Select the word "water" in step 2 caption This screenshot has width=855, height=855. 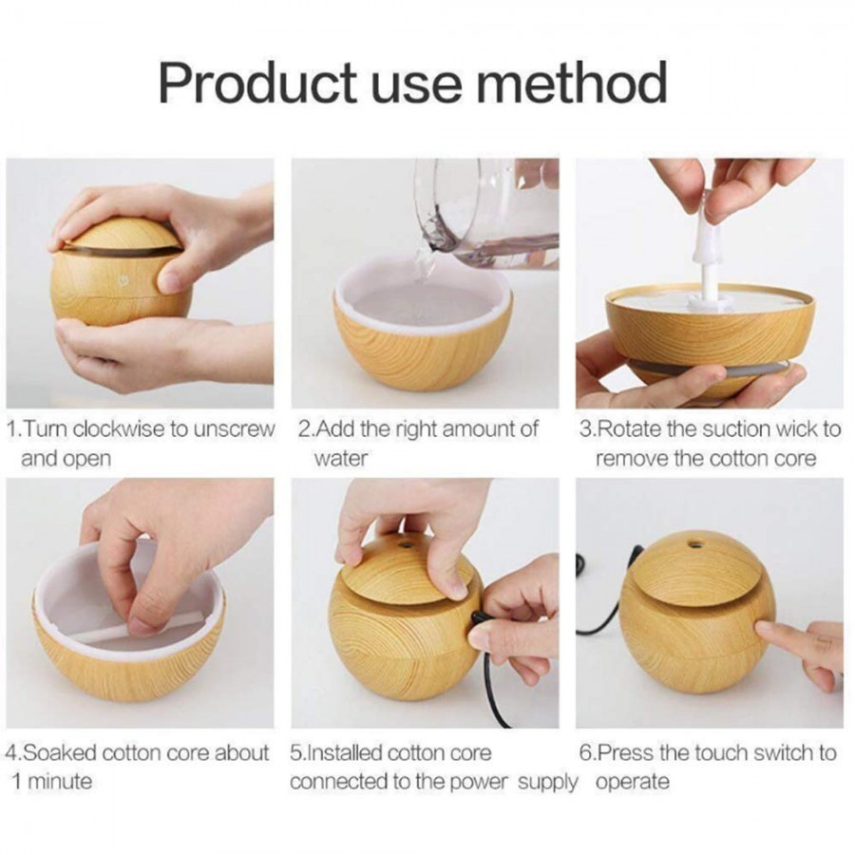point(340,458)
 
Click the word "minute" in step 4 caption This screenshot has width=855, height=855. point(59,782)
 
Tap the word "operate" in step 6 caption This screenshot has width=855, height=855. point(632,783)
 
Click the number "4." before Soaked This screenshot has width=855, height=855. point(12,753)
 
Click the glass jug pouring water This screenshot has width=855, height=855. point(484,214)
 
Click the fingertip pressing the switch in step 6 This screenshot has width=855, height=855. point(766,629)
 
